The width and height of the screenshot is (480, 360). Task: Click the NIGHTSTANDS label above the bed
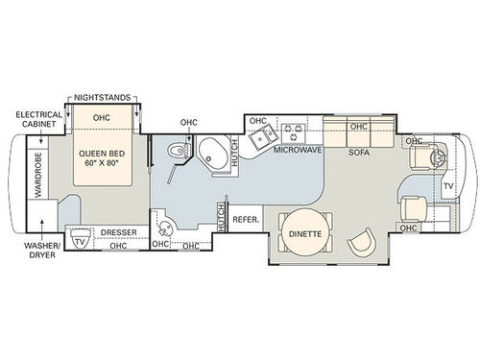[x=106, y=98]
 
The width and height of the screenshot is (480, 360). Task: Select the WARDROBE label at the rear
[x=39, y=173]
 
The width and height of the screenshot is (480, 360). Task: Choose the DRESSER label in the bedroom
[x=118, y=232]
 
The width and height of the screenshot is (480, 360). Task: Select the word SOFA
[x=359, y=152]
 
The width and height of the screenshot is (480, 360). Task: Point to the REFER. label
[x=246, y=219]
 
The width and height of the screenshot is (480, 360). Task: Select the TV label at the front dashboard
[x=448, y=185]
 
